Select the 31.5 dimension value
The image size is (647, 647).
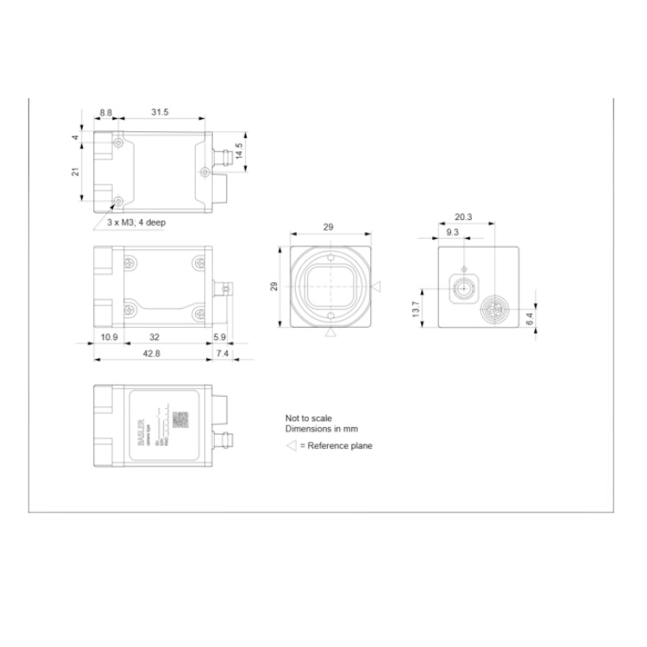coord(160,113)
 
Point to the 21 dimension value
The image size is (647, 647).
coord(76,173)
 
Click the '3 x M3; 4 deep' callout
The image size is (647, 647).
coord(136,223)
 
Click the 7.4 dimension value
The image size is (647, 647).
coord(222,355)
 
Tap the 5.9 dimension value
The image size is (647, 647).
coord(219,336)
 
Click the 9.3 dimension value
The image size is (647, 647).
coord(452,232)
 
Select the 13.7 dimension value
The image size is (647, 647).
coord(416,308)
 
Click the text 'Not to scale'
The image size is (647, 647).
coord(308,418)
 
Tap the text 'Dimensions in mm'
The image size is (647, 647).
coord(321,429)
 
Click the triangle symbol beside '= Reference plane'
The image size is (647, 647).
coord(291,445)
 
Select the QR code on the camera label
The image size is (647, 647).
coord(180,419)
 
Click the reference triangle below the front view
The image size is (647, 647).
coord(330,333)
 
